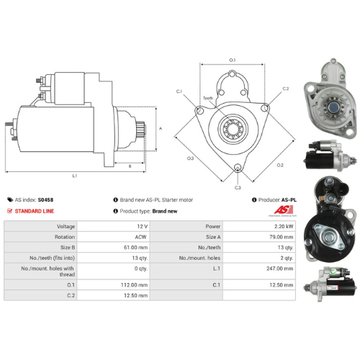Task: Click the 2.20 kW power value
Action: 282,226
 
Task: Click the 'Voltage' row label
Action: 85,226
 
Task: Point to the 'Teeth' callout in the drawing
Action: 207,98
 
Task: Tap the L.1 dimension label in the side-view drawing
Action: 76,176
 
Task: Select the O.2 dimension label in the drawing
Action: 280,165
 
